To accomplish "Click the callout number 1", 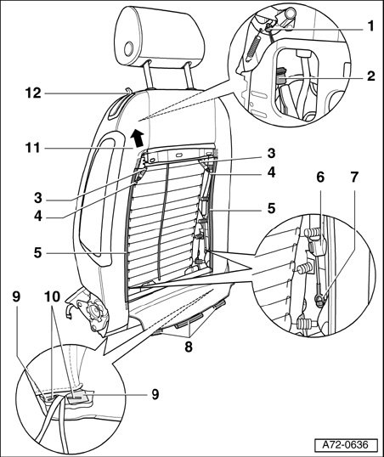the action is pos(370,26).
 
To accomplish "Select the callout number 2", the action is pos(370,76).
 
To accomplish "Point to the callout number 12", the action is pos(33,93).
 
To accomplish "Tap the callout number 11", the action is pos(32,148).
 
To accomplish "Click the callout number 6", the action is pos(320,178).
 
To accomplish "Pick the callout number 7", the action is pos(354,178).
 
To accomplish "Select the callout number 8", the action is pos(189,347).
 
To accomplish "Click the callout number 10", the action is pos(52,297).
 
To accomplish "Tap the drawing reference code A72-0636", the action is pos(346,445).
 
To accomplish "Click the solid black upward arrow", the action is pos(137,138).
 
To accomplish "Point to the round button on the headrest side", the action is pos(128,49).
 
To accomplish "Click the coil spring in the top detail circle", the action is pos(253,46).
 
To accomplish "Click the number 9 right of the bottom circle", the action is pos(155,394).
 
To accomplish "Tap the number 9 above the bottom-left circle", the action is pos(16,297).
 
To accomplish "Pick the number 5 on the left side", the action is pos(38,252).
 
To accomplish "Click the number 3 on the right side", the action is pos(271,153).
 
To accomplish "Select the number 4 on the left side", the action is pos(38,217).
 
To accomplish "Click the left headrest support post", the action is pos(148,75).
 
